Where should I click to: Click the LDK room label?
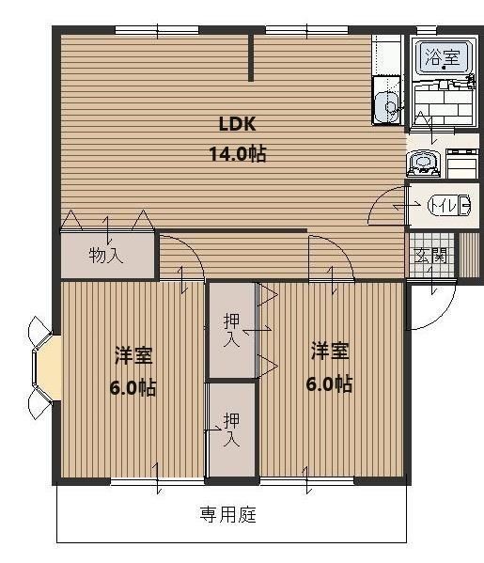(x=238, y=124)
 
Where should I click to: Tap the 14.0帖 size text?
(x=238, y=152)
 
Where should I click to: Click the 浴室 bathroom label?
(x=442, y=56)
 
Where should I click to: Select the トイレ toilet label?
(x=442, y=204)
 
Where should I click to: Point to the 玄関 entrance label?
(x=430, y=254)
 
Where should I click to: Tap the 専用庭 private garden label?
(x=228, y=514)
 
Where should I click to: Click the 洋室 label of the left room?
(x=133, y=355)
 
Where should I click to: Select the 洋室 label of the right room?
(x=330, y=352)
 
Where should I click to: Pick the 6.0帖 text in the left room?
(x=133, y=387)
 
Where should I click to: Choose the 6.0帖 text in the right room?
(x=330, y=383)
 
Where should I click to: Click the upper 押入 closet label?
(x=230, y=329)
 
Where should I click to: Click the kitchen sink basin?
(x=385, y=108)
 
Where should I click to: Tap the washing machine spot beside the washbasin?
(x=462, y=164)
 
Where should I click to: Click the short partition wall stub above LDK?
(x=252, y=58)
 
